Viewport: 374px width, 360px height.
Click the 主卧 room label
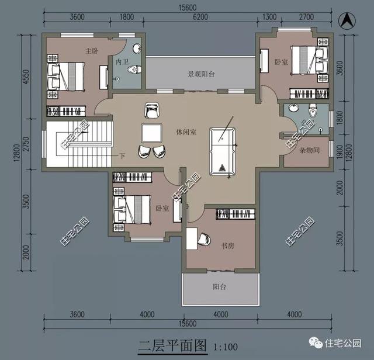tap(91, 51)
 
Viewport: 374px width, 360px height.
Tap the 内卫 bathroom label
tap(122, 62)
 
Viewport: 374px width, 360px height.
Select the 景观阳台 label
tap(202, 74)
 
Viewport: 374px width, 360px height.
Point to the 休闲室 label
tap(186, 132)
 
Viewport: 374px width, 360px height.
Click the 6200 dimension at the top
tap(200, 17)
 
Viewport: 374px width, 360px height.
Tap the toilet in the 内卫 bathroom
tap(135, 69)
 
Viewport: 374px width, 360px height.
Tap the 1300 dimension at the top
tap(270, 17)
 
